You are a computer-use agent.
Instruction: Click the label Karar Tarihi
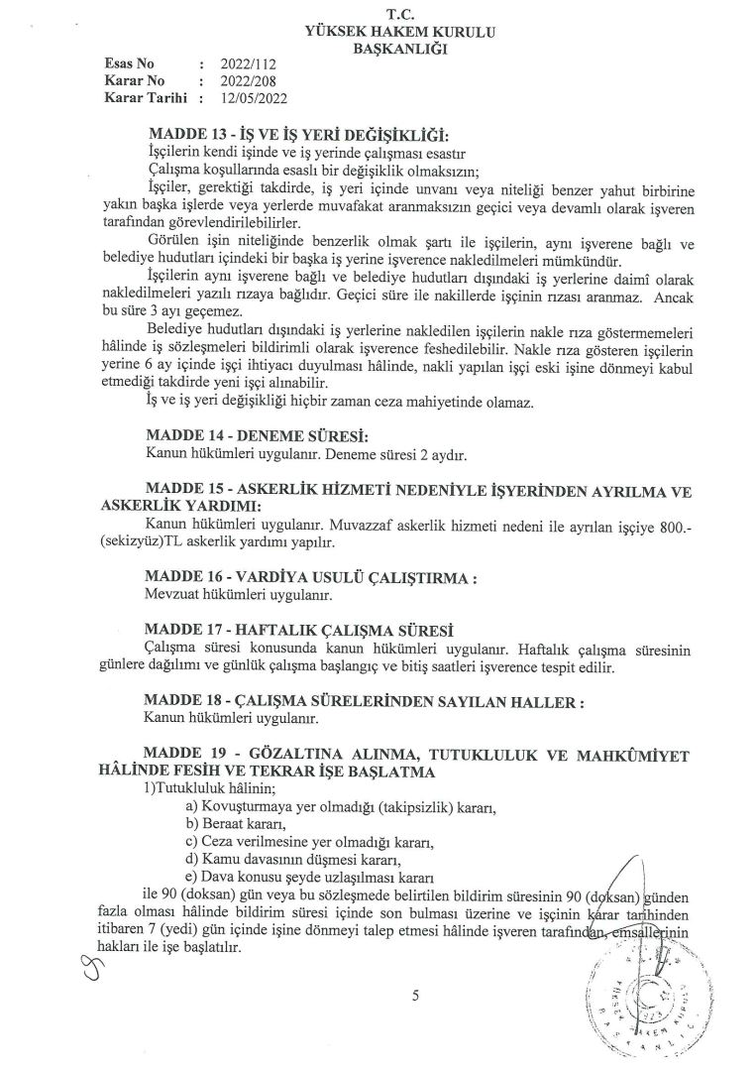146,98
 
